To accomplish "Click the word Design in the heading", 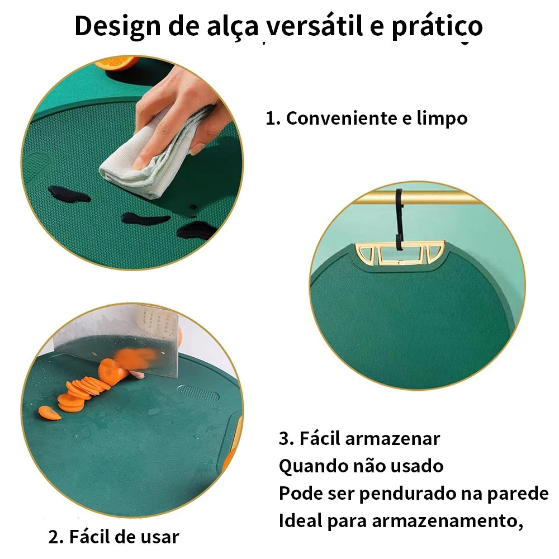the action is pos(117,26).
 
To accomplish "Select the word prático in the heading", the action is pos(437,26).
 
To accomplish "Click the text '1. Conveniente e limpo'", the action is pos(367,118).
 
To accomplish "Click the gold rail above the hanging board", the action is pos(417,198).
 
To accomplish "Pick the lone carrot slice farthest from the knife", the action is pos(49,413).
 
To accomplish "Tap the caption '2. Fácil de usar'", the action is pos(113,537).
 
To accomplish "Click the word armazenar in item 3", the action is pos(393,438).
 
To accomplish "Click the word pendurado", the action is pos(407,494).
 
